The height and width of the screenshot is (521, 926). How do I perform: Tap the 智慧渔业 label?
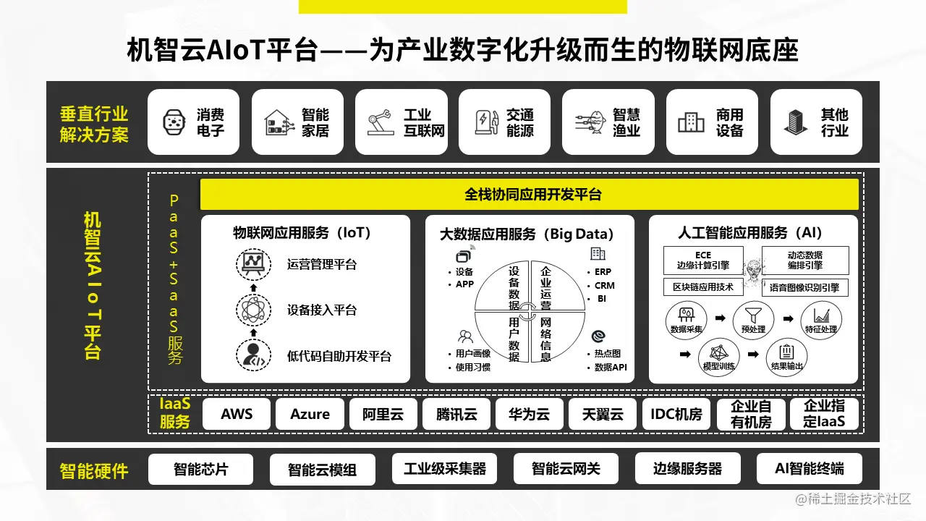tap(626, 122)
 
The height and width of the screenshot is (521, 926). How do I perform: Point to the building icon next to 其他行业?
tap(796, 122)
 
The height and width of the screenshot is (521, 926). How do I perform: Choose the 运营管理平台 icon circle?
tap(253, 264)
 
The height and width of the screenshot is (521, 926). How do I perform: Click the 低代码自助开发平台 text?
tap(339, 356)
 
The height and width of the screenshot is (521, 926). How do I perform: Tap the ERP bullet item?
tap(603, 272)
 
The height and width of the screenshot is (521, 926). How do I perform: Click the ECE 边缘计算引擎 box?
tap(702, 260)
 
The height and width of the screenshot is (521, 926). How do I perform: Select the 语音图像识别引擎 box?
tap(804, 287)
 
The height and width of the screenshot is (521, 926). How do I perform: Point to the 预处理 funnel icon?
tap(748, 317)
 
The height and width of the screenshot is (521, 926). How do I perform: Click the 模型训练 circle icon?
tap(718, 355)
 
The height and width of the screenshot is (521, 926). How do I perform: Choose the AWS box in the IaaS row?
tap(237, 415)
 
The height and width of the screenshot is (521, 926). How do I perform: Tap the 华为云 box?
tap(529, 415)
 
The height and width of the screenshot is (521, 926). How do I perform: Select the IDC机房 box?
tap(676, 415)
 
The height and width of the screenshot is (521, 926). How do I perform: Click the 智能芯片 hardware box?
tap(200, 469)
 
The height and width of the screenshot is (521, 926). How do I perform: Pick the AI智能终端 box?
tap(809, 469)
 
